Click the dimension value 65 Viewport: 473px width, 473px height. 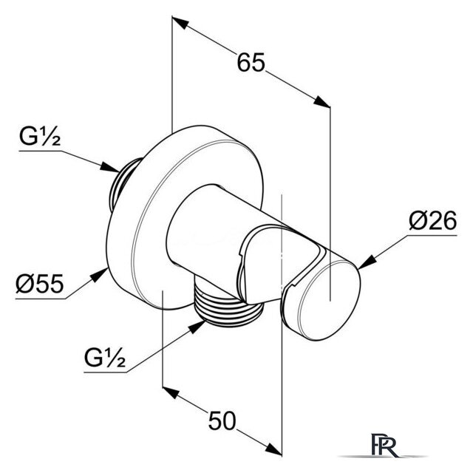coord(251,62)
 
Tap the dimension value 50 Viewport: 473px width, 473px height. coord(222,421)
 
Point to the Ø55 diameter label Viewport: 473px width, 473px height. coord(39,284)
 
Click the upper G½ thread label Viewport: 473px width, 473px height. coord(40,137)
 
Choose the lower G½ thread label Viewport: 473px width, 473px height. coord(105,358)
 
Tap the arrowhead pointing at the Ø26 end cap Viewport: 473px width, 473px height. coord(367,263)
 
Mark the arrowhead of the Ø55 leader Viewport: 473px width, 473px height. coord(100,275)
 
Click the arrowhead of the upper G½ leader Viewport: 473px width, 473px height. coord(110,168)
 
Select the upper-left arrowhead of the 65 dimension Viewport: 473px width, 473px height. coord(180,23)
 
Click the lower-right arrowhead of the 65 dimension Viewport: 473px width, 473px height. coord(321,101)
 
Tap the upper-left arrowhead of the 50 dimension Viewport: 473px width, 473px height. coord(171,392)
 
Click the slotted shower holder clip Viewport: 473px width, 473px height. coord(265,265)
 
